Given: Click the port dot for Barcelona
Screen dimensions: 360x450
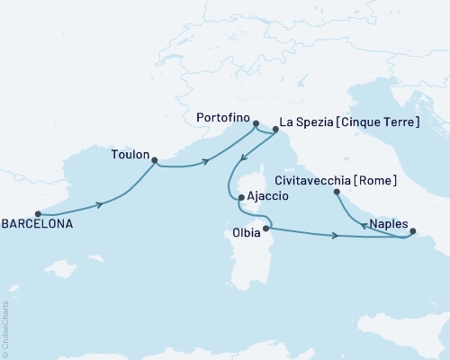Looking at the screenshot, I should point(38,214).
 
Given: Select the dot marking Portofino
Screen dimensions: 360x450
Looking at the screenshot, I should point(256,124).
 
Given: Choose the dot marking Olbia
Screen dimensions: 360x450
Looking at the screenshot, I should point(265,229).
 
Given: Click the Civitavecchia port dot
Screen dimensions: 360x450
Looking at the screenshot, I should point(337,192).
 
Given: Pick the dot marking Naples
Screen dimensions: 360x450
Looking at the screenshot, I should point(412,231).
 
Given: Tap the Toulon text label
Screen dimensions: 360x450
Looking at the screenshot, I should point(130,154).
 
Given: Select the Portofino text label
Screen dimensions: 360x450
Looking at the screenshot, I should point(220,117).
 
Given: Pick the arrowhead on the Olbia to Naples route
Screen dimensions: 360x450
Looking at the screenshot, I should point(335,236).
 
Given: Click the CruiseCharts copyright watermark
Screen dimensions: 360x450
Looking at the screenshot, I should point(6,328).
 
